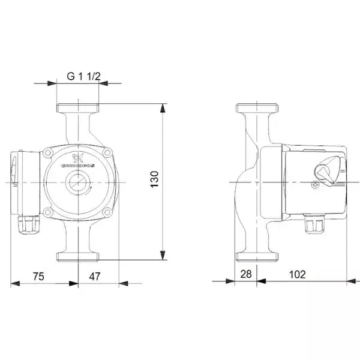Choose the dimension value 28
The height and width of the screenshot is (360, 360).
point(245,274)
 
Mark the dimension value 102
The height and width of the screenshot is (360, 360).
point(296,274)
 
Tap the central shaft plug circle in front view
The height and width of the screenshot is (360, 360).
point(78,182)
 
